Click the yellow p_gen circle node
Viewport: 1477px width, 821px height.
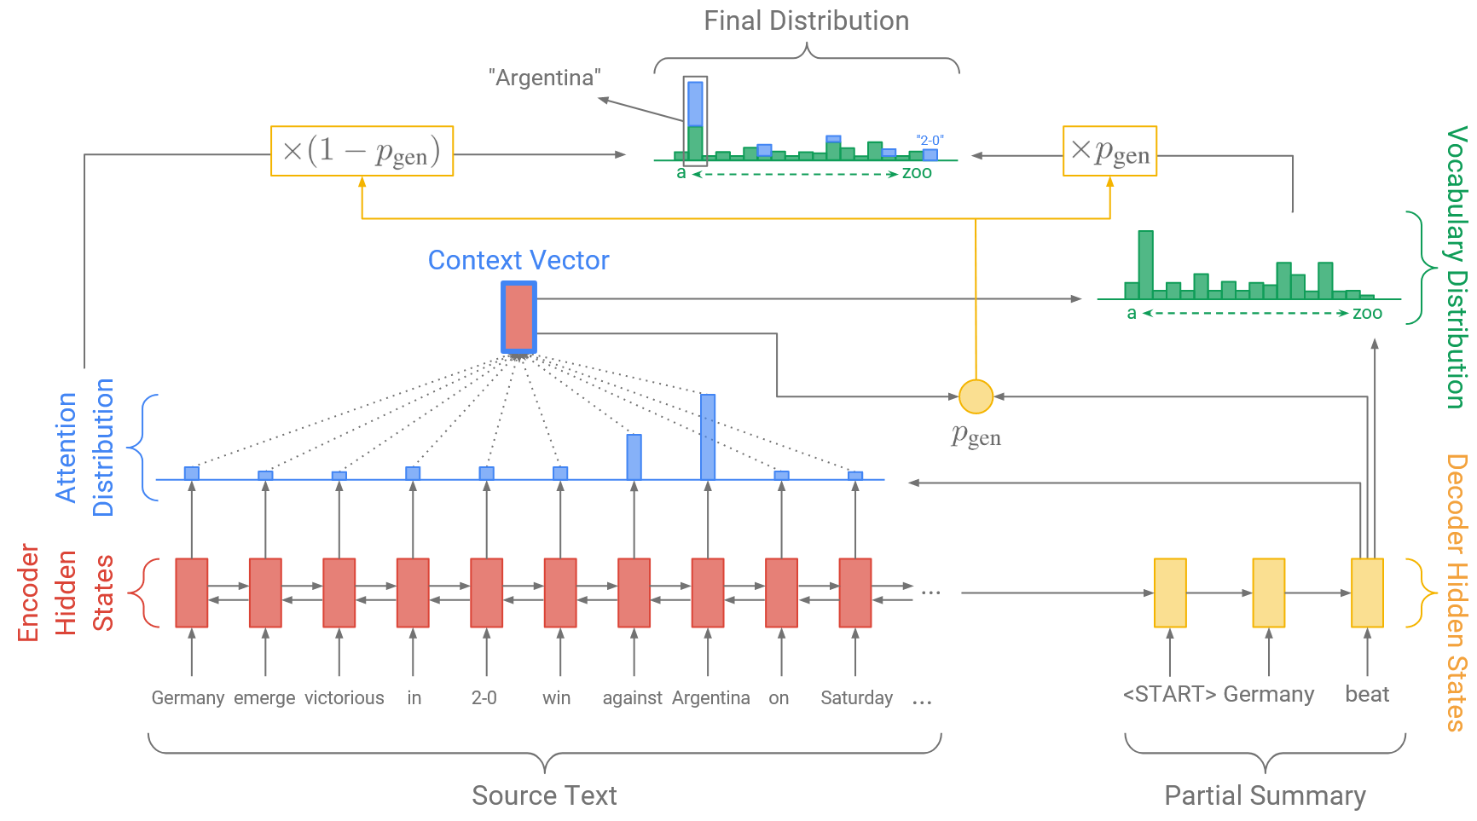tap(976, 396)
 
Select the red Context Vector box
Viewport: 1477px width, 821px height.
tap(518, 317)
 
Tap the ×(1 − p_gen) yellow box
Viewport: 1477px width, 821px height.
tap(362, 151)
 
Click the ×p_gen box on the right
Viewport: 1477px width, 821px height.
tap(1109, 151)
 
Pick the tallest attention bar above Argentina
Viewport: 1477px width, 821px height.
tap(708, 437)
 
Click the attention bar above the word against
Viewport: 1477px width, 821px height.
tap(634, 457)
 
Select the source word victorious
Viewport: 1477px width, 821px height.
tap(345, 698)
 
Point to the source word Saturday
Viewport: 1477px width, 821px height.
tap(856, 698)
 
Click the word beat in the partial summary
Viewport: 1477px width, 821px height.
tap(1367, 695)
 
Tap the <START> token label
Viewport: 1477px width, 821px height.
tap(1169, 695)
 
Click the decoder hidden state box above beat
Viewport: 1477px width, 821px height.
tap(1367, 593)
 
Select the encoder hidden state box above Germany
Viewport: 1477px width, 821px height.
tap(192, 593)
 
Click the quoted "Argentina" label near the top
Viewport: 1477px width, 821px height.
tap(545, 78)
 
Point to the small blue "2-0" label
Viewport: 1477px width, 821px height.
tap(930, 141)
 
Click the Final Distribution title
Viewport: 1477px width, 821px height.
tap(806, 21)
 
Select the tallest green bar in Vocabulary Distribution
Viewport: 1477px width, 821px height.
tap(1145, 264)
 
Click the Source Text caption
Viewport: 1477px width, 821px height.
tap(544, 795)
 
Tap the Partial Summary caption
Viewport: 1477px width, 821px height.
tap(1265, 795)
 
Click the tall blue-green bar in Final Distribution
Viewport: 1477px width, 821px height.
tap(695, 119)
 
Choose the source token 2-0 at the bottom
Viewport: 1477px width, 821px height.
tap(484, 698)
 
